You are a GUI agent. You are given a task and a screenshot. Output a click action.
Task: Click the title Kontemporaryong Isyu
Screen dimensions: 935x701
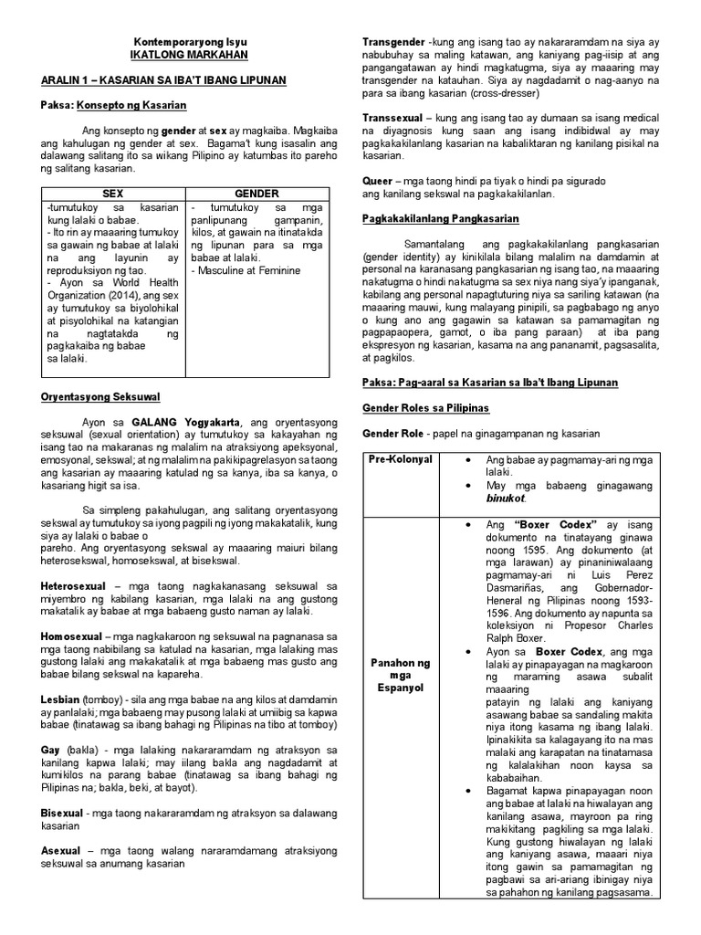click(190, 43)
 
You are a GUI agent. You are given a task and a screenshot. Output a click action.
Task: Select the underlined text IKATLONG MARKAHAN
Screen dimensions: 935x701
click(190, 57)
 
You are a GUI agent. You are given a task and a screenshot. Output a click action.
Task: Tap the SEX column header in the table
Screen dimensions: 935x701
click(112, 194)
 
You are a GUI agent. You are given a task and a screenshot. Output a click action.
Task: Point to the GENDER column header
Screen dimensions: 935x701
click(256, 194)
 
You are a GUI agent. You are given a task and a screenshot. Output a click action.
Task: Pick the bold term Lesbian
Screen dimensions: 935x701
click(61, 699)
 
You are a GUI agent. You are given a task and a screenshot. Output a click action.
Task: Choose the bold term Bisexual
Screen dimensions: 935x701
click(63, 813)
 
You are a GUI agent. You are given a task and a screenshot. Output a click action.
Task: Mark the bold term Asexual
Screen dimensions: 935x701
click(62, 850)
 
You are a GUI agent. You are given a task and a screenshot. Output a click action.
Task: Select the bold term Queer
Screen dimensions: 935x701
click(377, 181)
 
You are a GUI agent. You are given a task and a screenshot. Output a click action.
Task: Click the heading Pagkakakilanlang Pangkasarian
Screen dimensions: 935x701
click(441, 219)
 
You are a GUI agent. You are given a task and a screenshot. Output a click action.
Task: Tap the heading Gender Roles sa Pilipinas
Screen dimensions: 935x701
click(425, 407)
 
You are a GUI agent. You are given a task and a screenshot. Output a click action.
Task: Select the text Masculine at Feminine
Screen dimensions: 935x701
click(247, 271)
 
